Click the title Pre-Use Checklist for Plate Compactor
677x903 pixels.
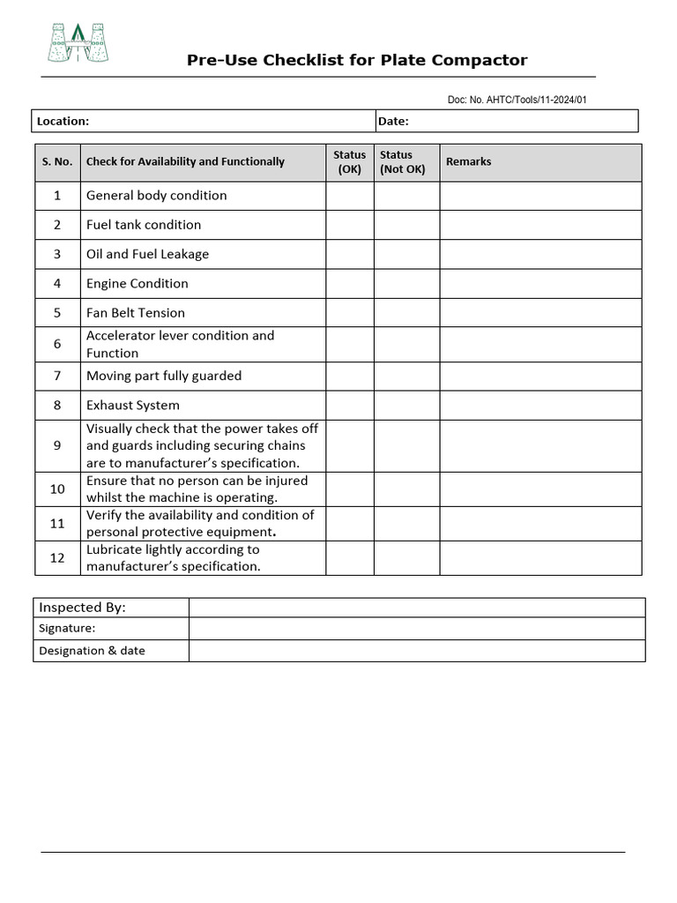pyautogui.click(x=357, y=60)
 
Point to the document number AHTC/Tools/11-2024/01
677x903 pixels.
pyautogui.click(x=517, y=100)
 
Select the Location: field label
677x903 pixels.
pyautogui.click(x=63, y=121)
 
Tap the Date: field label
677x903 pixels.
pyautogui.click(x=393, y=121)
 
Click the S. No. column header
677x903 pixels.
pyautogui.click(x=57, y=162)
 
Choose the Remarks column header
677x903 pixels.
pyautogui.click(x=469, y=161)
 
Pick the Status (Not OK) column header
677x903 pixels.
pyautogui.click(x=403, y=162)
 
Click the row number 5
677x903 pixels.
pyautogui.click(x=57, y=313)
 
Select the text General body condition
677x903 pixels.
pyautogui.click(x=156, y=196)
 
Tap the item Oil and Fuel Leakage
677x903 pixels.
pyautogui.click(x=147, y=254)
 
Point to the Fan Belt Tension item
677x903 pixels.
pyautogui.click(x=136, y=313)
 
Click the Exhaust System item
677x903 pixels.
pyautogui.click(x=132, y=406)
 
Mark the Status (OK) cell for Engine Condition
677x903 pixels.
pyautogui.click(x=350, y=284)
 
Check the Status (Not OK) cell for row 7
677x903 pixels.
pyautogui.click(x=406, y=377)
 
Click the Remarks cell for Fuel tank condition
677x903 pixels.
pyautogui.click(x=540, y=225)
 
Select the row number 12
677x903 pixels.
pyautogui.click(x=57, y=558)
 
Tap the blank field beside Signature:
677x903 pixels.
pyautogui.click(x=416, y=629)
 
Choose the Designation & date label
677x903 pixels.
pyautogui.click(x=92, y=651)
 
